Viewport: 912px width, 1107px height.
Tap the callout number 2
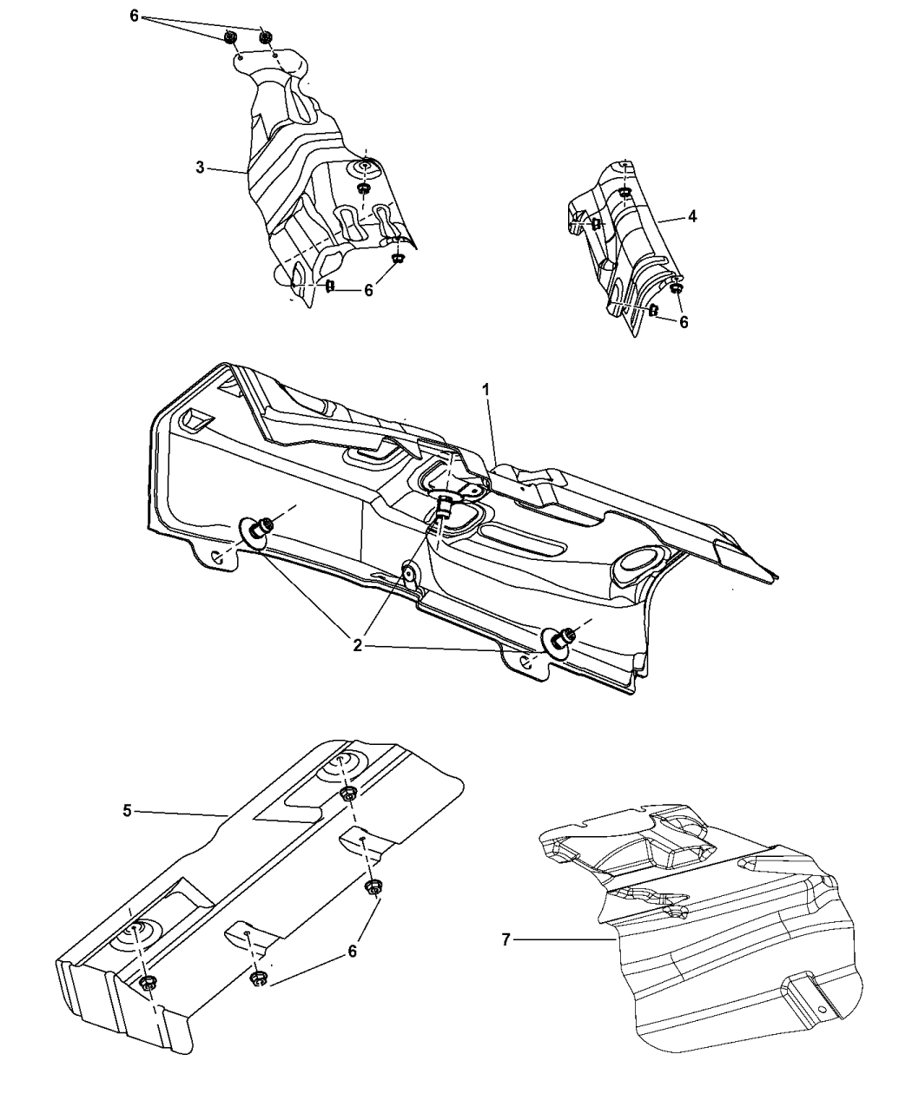coord(357,646)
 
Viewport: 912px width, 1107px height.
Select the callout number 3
coord(200,168)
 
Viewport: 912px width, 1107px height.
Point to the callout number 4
coord(692,216)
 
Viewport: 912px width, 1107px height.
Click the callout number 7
coord(506,940)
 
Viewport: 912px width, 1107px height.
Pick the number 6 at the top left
coord(134,16)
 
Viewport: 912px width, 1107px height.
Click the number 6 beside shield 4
coord(684,322)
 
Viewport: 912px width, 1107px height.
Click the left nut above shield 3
coord(230,37)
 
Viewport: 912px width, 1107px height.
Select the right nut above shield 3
coord(265,36)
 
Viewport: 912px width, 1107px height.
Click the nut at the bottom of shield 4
coord(676,288)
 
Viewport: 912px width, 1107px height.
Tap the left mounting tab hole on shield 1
coord(216,557)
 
